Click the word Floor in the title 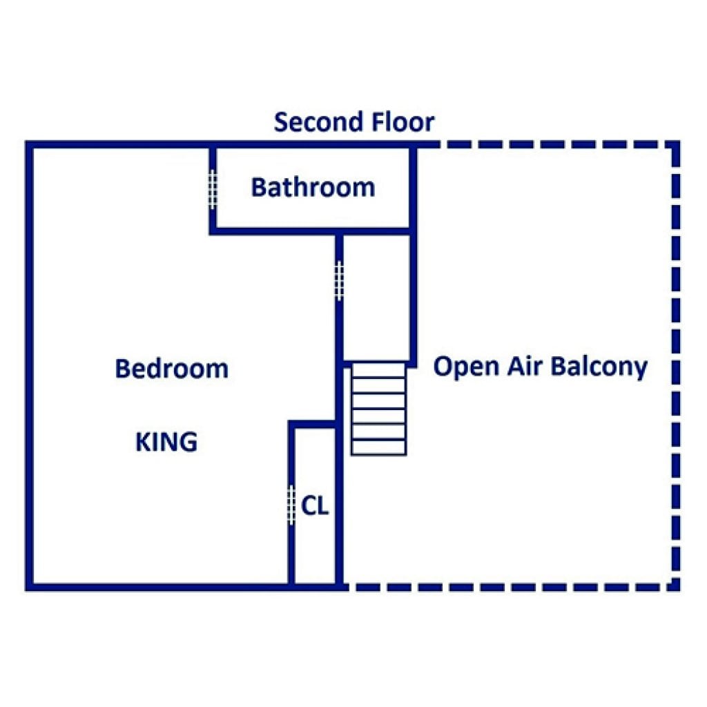coord(403,122)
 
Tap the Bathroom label coord(313,187)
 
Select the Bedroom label coord(172,369)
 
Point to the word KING coord(166,442)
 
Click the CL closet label coord(315,506)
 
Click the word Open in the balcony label coord(466,367)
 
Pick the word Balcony coord(599,367)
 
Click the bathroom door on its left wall coord(213,189)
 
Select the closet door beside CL coord(291,505)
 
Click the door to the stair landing coord(340,281)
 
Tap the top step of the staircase coord(378,370)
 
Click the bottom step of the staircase coord(378,447)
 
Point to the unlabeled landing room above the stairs coord(376,297)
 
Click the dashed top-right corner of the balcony coord(675,145)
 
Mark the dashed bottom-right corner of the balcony coord(675,587)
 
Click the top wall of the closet coord(312,424)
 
